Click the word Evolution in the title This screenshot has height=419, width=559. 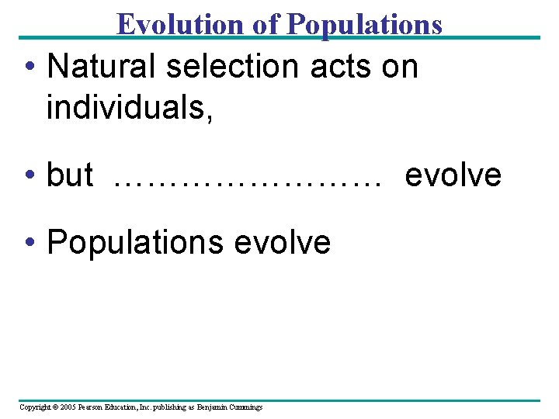coord(181,25)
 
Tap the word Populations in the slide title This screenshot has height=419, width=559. coord(364,25)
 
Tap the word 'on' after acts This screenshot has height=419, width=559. coord(400,67)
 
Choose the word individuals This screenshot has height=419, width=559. coord(129,108)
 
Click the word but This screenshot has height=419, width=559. coord(70,175)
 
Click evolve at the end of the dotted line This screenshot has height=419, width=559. coord(453,175)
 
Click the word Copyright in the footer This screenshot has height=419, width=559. coord(34,407)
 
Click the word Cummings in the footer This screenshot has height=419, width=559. coord(246,407)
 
